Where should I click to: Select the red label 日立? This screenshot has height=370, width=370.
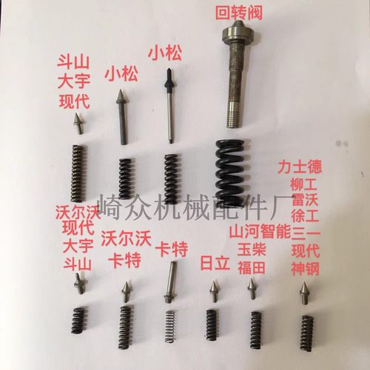pos(215,263)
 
